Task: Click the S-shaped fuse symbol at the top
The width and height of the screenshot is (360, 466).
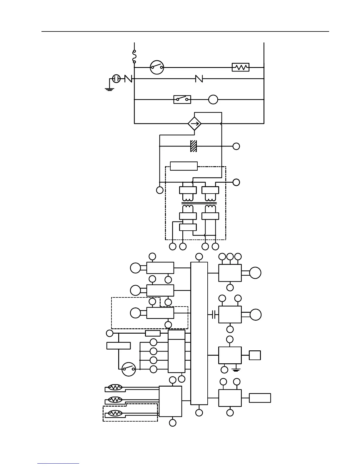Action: click(134, 56)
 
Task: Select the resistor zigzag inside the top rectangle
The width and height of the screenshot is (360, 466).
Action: click(241, 67)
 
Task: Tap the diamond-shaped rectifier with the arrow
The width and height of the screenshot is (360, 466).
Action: click(194, 124)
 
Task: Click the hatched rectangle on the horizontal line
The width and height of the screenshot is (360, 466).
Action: click(194, 146)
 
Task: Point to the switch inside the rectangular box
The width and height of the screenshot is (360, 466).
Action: click(182, 100)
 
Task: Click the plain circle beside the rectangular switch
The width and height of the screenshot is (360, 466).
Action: click(213, 100)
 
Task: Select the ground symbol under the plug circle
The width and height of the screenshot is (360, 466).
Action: click(109, 89)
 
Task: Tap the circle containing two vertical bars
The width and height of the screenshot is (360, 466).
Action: click(117, 79)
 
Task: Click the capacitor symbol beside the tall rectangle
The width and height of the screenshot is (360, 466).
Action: click(214, 315)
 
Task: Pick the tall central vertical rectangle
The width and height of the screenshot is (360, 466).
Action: click(199, 333)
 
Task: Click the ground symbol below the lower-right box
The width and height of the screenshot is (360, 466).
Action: click(236, 370)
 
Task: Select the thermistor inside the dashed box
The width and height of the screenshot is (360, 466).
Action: click(115, 413)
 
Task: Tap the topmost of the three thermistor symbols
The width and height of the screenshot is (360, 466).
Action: click(115, 387)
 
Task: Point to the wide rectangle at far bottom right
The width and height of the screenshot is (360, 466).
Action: click(260, 398)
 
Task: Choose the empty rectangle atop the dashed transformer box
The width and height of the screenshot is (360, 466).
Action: click(184, 166)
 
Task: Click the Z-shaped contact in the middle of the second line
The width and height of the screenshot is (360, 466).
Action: click(199, 79)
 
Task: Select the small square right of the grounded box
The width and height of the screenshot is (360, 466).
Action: click(255, 355)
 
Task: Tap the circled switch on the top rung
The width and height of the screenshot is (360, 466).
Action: click(157, 67)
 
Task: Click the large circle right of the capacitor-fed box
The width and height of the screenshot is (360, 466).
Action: click(255, 314)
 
